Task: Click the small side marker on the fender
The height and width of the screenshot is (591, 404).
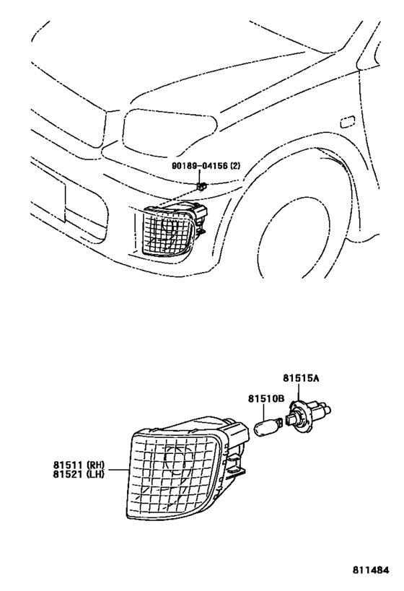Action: (x=347, y=121)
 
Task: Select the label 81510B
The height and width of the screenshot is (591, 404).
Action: (x=266, y=397)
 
